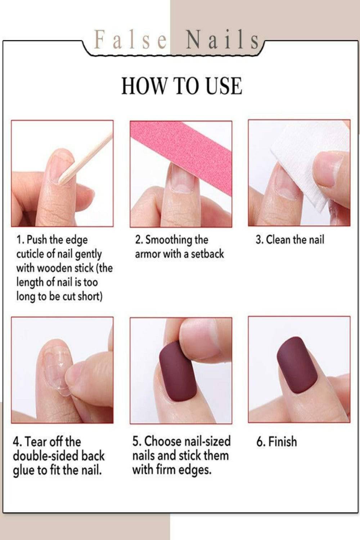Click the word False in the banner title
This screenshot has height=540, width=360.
(131, 40)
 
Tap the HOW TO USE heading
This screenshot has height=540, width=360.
(181, 86)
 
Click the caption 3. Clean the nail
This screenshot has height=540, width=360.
(290, 240)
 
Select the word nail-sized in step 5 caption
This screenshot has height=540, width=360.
(207, 441)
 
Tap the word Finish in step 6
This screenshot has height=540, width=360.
(283, 442)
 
